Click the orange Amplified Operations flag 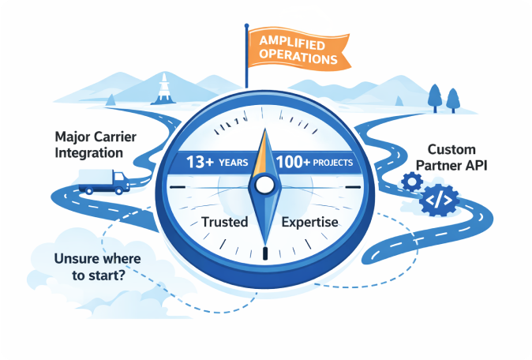pyautogui.click(x=292, y=47)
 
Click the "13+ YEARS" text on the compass pyautogui.click(x=217, y=163)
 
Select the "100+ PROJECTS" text pyautogui.click(x=315, y=163)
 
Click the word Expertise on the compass pyautogui.click(x=309, y=222)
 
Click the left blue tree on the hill pyautogui.click(x=435, y=96)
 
